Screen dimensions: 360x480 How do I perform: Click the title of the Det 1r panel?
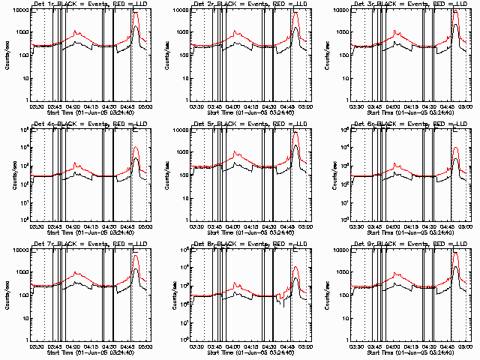coord(90,4)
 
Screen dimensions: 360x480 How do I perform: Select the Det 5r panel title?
coord(250,124)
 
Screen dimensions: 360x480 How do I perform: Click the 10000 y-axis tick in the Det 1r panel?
coord(19,10)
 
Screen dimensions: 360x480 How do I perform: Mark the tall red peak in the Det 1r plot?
coord(136,15)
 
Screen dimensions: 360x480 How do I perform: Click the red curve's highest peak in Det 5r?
coord(296,133)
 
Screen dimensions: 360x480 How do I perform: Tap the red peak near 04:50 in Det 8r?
coord(296,267)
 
